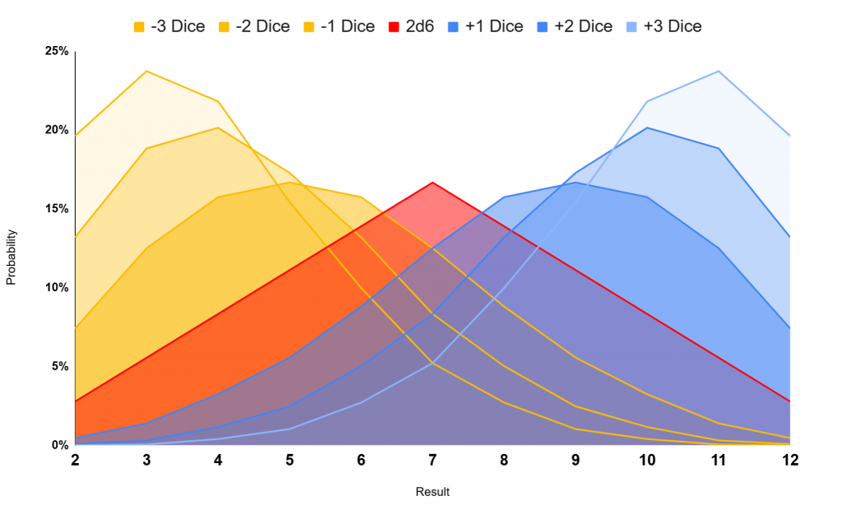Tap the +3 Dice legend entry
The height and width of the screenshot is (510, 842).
pyautogui.click(x=664, y=26)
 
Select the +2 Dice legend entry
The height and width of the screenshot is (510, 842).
pyautogui.click(x=575, y=26)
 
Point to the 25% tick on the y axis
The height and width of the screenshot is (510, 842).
pyautogui.click(x=56, y=51)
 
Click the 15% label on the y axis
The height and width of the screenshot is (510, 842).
pyautogui.click(x=56, y=209)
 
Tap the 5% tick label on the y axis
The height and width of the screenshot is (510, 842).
pyautogui.click(x=59, y=366)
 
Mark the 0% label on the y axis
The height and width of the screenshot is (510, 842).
pyautogui.click(x=59, y=445)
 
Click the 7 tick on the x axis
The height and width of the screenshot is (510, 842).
pyautogui.click(x=433, y=461)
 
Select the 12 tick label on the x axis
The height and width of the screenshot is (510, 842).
pyautogui.click(x=790, y=461)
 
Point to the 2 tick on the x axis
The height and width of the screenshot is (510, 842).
pyautogui.click(x=75, y=461)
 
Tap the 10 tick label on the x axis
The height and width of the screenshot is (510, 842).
pyautogui.click(x=647, y=461)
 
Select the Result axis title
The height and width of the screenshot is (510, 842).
pyautogui.click(x=433, y=492)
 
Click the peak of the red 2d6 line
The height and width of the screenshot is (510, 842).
pyautogui.click(x=433, y=183)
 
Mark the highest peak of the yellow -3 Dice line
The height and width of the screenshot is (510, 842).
pyautogui.click(x=146, y=71)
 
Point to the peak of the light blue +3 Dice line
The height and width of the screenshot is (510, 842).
pyautogui.click(x=719, y=71)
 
